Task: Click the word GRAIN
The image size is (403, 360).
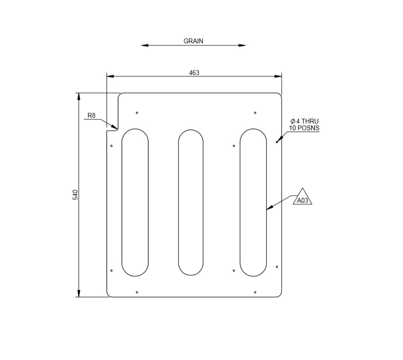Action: tap(193, 41)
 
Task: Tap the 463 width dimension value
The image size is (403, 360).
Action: tap(194, 73)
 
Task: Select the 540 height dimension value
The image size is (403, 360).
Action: tap(75, 194)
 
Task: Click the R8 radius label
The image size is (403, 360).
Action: tap(92, 116)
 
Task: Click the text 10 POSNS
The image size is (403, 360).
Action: tap(304, 128)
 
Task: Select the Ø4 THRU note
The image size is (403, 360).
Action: tap(304, 121)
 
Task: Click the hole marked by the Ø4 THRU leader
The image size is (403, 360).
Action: tap(277, 142)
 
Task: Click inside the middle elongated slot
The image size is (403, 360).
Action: tap(190, 202)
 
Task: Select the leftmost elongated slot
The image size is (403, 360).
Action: tap(135, 202)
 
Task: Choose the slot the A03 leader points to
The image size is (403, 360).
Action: tap(253, 202)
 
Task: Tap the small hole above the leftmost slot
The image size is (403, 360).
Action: tap(137, 113)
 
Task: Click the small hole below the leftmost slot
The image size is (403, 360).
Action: tap(137, 292)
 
